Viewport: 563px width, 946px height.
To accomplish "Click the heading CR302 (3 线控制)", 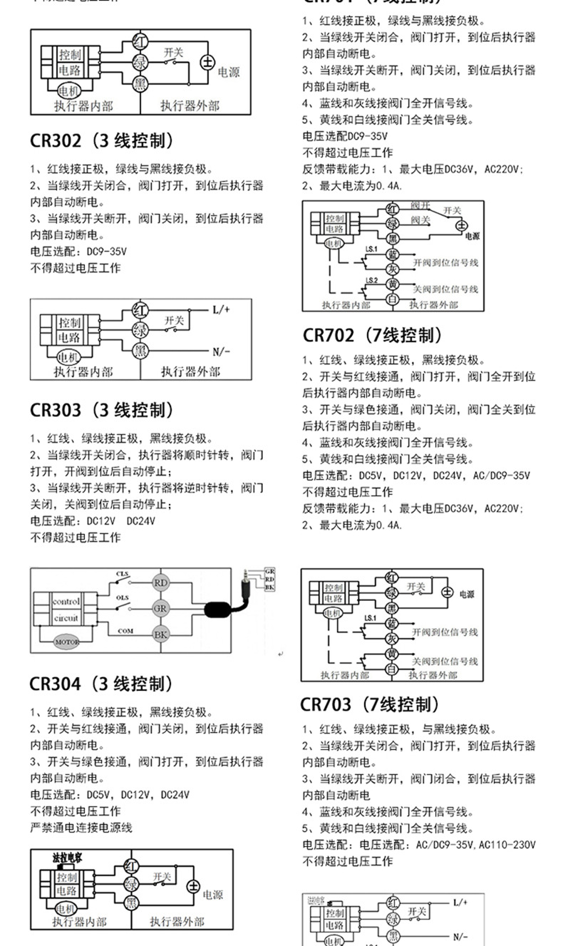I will click(x=101, y=140).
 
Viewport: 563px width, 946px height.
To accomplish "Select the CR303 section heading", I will click(x=101, y=411).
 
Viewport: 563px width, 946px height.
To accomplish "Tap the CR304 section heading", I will click(x=101, y=684).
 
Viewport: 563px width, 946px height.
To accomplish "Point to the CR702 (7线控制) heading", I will click(x=373, y=335).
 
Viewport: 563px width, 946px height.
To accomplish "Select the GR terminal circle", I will click(x=161, y=608).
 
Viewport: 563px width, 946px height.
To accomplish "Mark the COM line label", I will click(x=125, y=631).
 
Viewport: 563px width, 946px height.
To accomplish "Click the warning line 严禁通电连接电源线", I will click(x=81, y=828).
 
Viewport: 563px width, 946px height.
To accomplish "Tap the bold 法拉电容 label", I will click(x=67, y=858).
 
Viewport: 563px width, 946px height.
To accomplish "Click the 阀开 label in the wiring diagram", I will click(x=420, y=205).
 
